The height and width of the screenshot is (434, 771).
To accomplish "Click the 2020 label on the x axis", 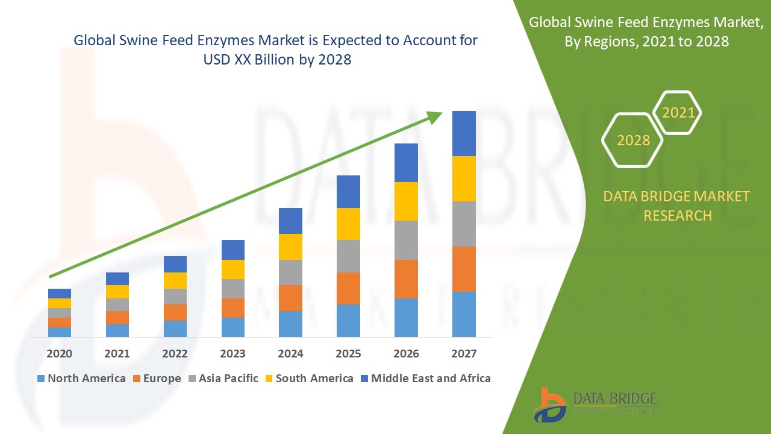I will (x=59, y=354).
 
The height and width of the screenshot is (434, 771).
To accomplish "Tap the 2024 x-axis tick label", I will (x=290, y=354).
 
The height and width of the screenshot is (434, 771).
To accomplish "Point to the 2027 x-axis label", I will (x=464, y=354).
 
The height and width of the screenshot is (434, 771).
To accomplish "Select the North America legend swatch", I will (x=41, y=379).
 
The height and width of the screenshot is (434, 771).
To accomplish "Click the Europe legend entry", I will (x=156, y=379).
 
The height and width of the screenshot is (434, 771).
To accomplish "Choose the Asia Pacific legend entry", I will (x=222, y=379).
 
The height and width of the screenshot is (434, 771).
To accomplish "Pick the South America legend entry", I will (x=308, y=379).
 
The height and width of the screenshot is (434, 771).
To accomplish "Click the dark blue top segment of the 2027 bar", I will (x=464, y=133).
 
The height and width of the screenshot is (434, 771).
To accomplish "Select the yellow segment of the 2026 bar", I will (x=406, y=201).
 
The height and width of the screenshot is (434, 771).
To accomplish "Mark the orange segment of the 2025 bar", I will (x=348, y=288).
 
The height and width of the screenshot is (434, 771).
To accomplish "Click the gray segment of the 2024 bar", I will (x=290, y=272).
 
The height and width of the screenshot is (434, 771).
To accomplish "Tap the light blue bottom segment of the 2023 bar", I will (x=233, y=327).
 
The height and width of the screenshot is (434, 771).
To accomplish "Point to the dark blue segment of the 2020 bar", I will (x=60, y=293).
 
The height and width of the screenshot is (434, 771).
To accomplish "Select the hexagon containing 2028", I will (x=632, y=140).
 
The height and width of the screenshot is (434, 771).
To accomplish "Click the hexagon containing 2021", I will (x=678, y=113).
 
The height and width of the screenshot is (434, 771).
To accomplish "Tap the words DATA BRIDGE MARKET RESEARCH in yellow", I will (x=677, y=206).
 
